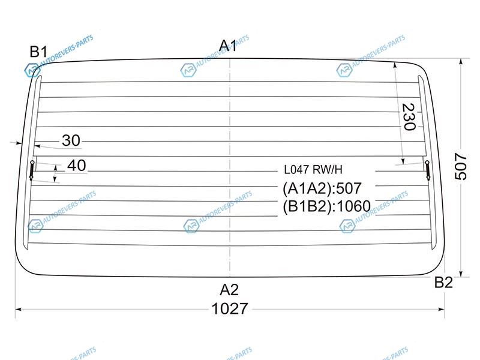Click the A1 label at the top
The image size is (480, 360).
pos(228,46)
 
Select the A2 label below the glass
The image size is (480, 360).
pos(229,290)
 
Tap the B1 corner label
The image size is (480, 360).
pos(38,52)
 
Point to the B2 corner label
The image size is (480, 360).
pos(443,282)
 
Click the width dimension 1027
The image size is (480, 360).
pos(230,308)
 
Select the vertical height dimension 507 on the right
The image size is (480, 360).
pos(460,166)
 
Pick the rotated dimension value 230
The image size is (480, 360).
pos(409,117)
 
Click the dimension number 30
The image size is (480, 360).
pos(71,140)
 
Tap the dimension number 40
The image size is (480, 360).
pos(77,166)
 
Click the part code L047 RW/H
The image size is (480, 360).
pos(313,170)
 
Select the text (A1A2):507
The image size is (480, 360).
pos(322,188)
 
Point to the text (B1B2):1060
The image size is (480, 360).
pos(326,206)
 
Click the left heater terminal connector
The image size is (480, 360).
pos(32,170)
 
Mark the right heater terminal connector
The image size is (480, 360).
pos(428,170)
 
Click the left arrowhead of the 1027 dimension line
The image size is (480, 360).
pos(18,309)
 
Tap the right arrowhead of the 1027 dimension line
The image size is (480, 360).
pos(442,309)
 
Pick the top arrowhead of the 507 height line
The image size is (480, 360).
pos(461,61)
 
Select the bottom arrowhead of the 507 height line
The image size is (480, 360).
pos(461,274)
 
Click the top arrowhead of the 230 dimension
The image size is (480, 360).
pos(395,65)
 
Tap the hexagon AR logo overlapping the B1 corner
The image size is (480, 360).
pos(32,70)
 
